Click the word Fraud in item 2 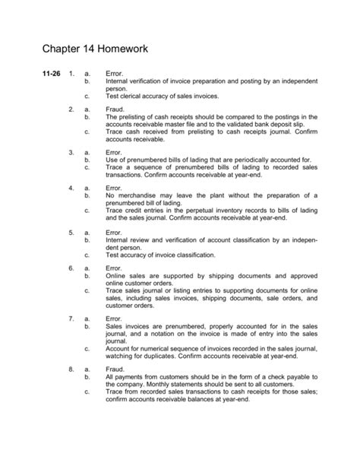[x=115, y=109]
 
